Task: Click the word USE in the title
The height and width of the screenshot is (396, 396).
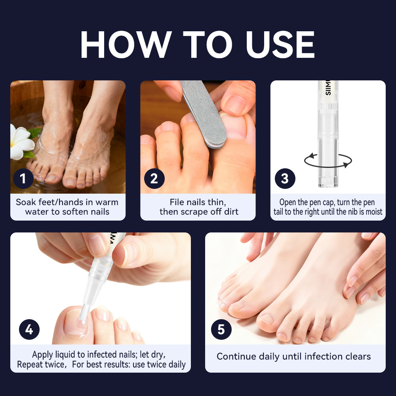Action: pos(280,44)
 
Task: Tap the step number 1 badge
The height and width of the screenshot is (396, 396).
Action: pos(23,179)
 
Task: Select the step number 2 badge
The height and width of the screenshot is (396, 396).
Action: pos(154,179)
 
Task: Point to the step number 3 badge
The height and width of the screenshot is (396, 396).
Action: pos(285,179)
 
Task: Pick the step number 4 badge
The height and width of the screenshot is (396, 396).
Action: pos(29,329)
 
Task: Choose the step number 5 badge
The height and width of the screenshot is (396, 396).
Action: pos(221,329)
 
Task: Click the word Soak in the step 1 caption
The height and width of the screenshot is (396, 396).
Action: pos(26,202)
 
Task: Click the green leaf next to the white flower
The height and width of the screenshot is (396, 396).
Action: pos(34,133)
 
